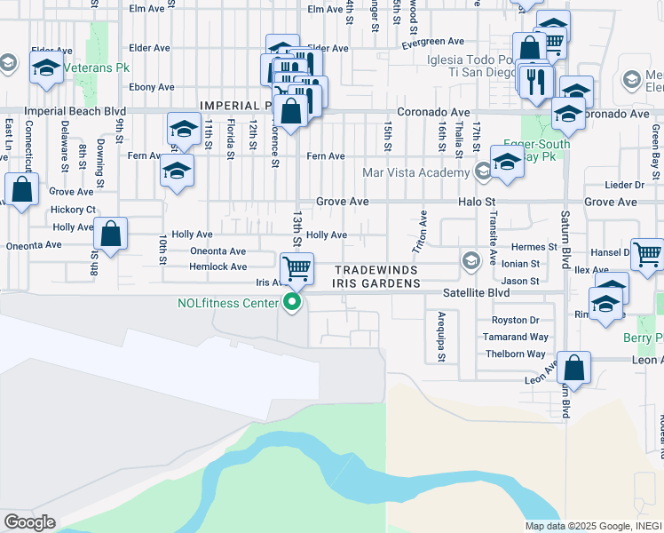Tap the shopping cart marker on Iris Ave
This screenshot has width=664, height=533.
296,267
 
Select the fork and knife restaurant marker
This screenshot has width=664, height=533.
536,82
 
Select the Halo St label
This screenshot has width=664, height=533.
476,203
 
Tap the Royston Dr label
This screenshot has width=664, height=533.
516,320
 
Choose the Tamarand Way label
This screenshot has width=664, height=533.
515,337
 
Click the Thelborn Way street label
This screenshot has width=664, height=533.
515,354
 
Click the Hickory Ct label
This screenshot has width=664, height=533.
74,210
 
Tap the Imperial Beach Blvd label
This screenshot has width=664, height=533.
75,113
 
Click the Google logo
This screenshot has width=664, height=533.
29,521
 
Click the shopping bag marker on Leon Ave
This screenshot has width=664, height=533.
575,369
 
